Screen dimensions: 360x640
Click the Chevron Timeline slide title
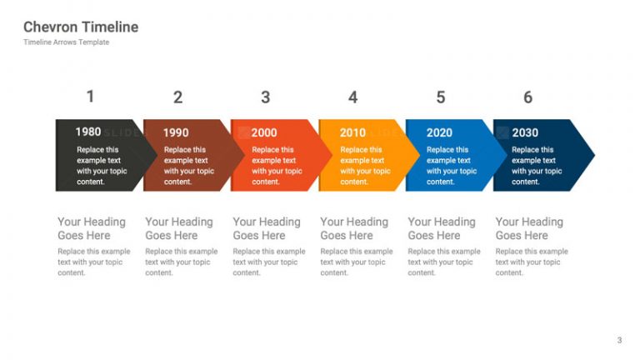point(81,27)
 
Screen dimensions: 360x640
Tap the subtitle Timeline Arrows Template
point(66,42)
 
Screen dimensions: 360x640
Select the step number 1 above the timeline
point(91,97)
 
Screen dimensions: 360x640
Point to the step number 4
point(352,97)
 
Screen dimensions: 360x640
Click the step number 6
point(527,97)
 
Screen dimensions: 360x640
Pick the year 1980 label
point(88,132)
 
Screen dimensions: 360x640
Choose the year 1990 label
point(176,132)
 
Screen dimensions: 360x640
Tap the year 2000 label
point(264,132)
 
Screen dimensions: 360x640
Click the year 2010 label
point(352,132)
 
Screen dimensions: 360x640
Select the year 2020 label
point(439,132)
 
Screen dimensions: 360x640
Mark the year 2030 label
point(525,132)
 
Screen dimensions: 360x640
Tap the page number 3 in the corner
point(619,339)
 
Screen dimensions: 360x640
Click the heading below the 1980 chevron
point(92,228)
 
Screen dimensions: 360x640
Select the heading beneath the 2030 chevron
point(529,228)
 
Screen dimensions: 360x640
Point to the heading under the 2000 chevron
point(267,228)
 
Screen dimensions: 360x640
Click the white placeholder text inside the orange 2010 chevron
point(365,166)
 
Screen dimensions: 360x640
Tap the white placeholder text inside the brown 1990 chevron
point(186,166)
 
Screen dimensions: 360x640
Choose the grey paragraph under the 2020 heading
point(444,262)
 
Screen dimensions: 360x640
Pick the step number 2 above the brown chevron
point(177,97)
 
